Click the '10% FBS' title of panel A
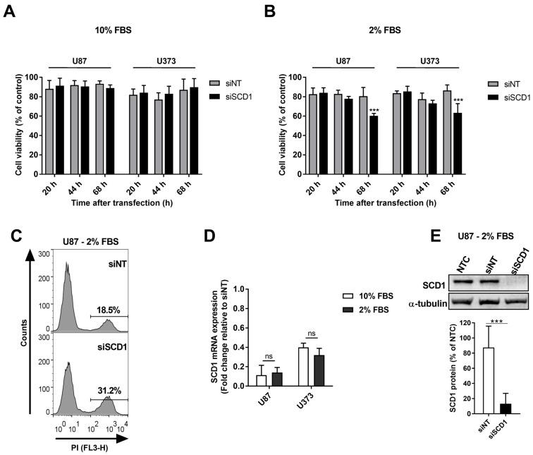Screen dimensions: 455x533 click(x=114, y=31)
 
